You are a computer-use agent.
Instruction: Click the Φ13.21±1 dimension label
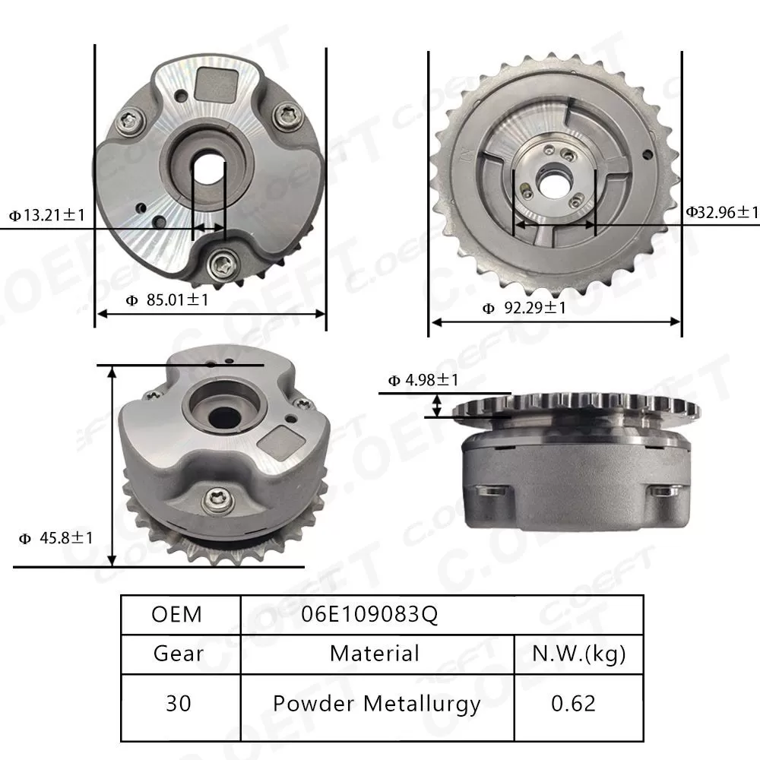click(46, 216)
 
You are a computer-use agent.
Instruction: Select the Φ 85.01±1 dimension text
click(166, 300)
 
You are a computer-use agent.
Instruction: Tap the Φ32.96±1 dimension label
click(722, 212)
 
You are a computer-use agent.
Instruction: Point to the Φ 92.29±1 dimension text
click(524, 308)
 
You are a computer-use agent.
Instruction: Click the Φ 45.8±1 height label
click(56, 538)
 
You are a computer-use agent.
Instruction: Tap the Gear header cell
click(178, 653)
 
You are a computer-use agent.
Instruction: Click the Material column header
click(375, 653)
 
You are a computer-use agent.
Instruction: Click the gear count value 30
click(178, 703)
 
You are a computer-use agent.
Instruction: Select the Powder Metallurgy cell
click(376, 703)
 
